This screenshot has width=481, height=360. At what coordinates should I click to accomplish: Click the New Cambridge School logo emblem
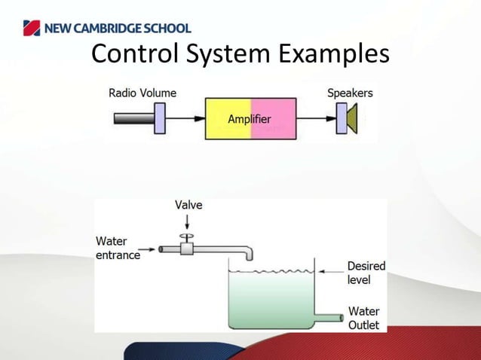29,29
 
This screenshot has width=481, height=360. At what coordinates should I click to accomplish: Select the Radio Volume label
142,93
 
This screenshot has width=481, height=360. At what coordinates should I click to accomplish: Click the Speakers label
350,93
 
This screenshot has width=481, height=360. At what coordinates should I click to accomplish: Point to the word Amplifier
250,119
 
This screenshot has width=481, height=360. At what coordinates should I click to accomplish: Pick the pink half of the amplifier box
279,130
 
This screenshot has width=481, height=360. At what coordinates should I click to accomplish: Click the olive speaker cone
351,119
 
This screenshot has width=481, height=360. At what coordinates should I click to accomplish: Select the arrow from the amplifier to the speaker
315,118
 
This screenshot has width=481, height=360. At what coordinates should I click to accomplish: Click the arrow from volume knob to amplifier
185,118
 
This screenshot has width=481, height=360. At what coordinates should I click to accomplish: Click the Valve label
188,205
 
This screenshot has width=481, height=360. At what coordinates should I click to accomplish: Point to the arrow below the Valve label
188,221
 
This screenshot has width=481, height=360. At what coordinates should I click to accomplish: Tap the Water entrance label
118,248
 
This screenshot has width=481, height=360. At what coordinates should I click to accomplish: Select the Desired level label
366,272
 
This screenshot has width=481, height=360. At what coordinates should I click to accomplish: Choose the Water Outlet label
363,318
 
